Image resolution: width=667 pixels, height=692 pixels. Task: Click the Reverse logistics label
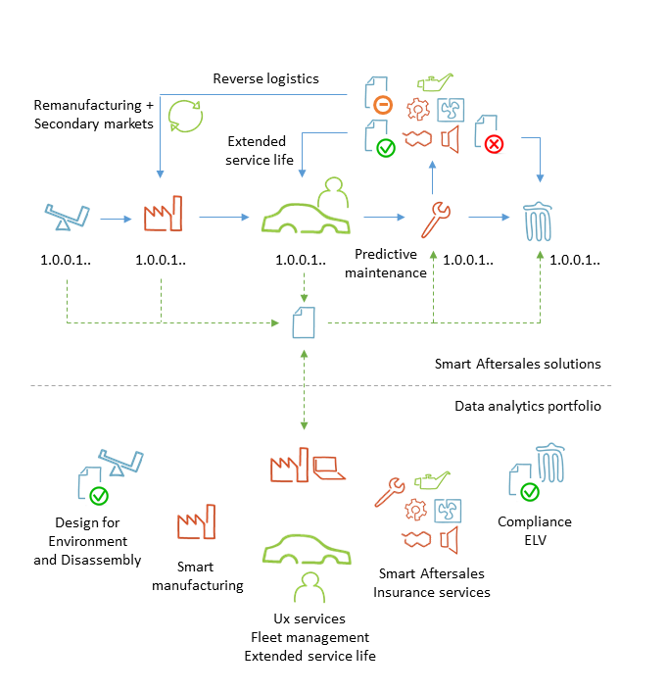[266, 78]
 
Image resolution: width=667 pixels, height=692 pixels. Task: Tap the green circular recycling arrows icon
[185, 115]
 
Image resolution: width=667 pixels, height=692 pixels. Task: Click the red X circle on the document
[494, 143]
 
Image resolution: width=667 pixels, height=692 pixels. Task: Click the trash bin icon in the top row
[541, 220]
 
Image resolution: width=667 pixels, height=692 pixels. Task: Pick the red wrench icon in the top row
[434, 218]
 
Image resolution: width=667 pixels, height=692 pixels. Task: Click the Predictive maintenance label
[386, 264]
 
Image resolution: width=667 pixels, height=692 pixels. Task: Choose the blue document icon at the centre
[305, 321]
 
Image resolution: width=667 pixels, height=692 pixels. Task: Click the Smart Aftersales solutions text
[518, 364]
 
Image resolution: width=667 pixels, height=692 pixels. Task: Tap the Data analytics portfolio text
[527, 406]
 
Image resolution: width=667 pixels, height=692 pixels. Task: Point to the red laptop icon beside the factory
[329, 467]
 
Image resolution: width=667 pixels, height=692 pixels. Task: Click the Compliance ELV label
[534, 531]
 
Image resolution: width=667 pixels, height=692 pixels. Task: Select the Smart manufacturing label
[210, 576]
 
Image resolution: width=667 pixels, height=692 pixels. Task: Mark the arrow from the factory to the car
[223, 219]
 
